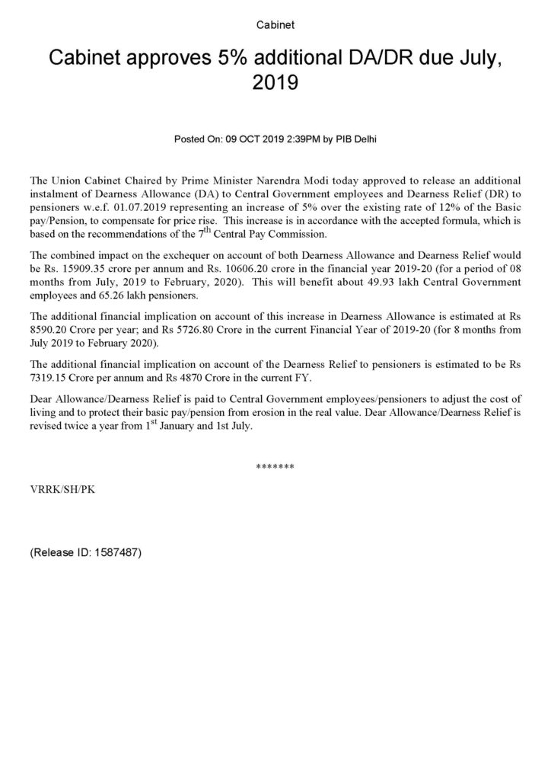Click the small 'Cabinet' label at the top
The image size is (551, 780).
coord(275,25)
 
